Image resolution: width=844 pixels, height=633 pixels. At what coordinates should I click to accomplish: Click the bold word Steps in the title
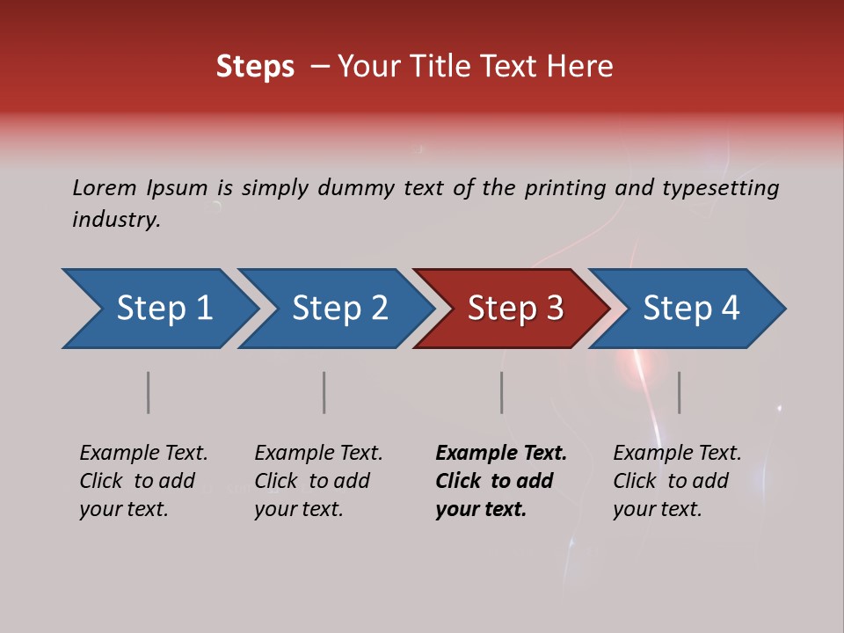[x=255, y=67]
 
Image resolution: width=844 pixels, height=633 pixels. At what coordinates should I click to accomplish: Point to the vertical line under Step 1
[x=149, y=392]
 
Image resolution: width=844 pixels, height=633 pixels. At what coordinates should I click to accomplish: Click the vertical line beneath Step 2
[x=324, y=392]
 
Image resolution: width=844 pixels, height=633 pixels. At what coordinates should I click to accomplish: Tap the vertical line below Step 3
[x=502, y=392]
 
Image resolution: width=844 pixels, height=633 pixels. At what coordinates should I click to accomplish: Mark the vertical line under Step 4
[x=680, y=392]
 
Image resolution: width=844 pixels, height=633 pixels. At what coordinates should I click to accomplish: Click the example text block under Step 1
[x=143, y=481]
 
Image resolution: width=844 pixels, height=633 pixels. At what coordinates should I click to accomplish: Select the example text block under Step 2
[x=318, y=481]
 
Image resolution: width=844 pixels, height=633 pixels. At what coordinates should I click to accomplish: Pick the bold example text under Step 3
[x=501, y=481]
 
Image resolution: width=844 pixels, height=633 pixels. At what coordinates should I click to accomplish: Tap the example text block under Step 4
[x=677, y=481]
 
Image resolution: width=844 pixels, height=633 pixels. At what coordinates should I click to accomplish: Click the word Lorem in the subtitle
[x=104, y=188]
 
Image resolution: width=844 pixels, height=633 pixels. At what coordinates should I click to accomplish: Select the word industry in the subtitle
[x=115, y=220]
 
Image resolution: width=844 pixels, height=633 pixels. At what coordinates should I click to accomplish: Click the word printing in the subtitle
[x=564, y=188]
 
